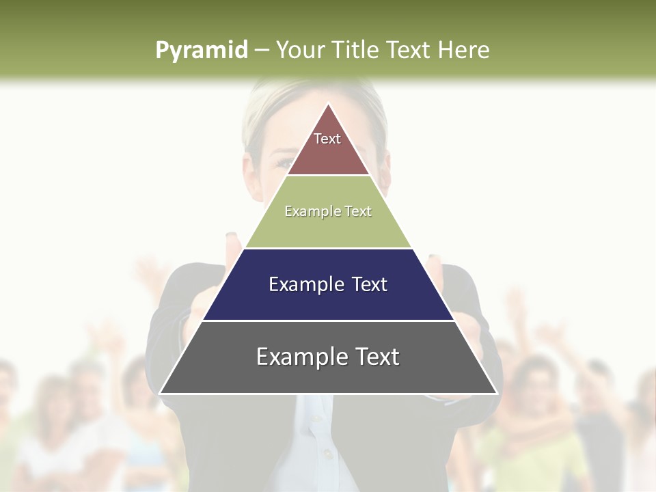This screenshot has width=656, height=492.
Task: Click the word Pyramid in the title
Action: coord(201,51)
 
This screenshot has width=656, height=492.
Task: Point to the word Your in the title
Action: coord(300,51)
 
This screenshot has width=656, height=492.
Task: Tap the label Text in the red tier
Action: coord(327,139)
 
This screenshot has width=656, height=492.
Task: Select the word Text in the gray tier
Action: coord(377,357)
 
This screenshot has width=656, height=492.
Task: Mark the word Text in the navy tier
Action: coord(370,284)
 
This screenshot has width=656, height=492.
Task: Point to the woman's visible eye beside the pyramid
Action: coord(283,163)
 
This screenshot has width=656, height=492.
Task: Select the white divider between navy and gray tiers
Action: coord(328,320)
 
